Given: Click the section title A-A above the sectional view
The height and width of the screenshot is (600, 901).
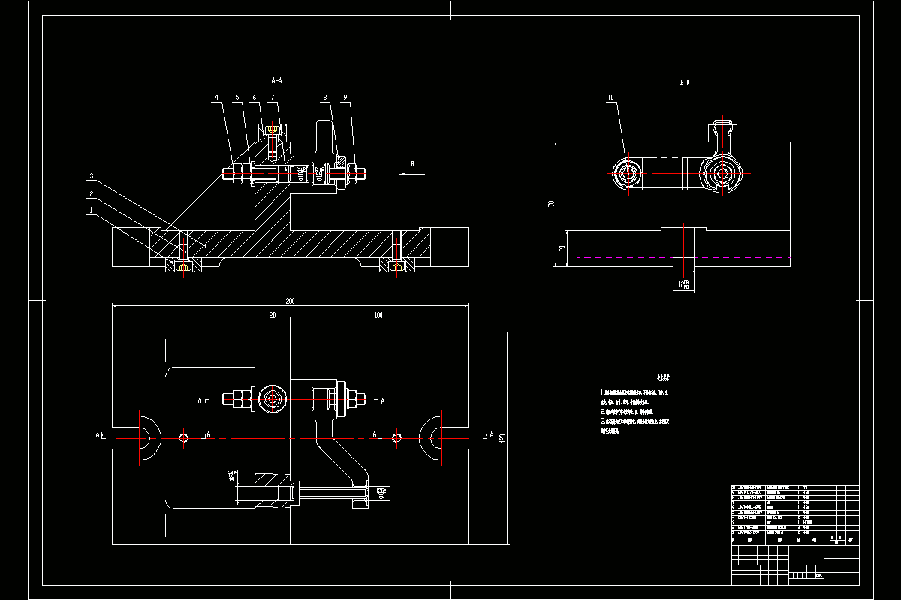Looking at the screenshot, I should (x=276, y=79).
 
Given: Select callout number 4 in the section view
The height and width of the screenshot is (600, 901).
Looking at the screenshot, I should (x=216, y=97).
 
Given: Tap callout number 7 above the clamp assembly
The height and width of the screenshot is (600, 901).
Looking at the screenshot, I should (x=273, y=97).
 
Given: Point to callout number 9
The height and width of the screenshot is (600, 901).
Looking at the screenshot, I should (x=345, y=97).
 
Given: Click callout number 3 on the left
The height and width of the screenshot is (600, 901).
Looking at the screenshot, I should (x=92, y=176).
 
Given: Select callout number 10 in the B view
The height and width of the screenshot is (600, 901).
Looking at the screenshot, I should (x=610, y=97).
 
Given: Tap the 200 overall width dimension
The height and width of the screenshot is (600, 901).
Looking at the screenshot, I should (x=290, y=301).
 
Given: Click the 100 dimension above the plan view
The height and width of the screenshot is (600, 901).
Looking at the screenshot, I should (x=378, y=315).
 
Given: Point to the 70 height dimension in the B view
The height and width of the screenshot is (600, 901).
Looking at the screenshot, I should (x=551, y=203).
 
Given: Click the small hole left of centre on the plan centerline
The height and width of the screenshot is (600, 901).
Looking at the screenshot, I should (x=184, y=437).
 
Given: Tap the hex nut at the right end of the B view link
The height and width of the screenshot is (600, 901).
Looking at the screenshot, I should (x=723, y=174).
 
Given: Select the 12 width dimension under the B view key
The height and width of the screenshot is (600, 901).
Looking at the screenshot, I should (x=683, y=283).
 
